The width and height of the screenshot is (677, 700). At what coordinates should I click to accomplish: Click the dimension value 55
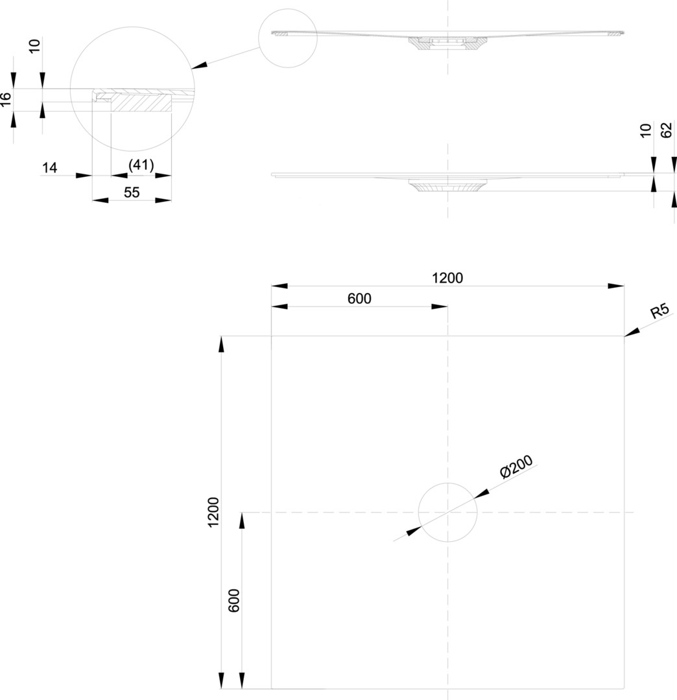pyautogui.click(x=132, y=192)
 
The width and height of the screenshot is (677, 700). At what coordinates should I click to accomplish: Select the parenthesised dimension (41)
pyautogui.click(x=141, y=165)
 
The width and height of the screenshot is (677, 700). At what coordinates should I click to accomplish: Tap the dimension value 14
pyautogui.click(x=50, y=168)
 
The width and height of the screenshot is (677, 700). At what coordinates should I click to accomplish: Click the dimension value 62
pyautogui.click(x=666, y=130)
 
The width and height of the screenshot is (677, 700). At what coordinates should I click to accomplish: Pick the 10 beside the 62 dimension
pyautogui.click(x=645, y=130)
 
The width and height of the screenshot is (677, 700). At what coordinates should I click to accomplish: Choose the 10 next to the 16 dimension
pyautogui.click(x=35, y=45)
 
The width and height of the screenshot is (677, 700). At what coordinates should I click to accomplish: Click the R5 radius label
pyautogui.click(x=659, y=311)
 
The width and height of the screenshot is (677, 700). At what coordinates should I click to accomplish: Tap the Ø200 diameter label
pyautogui.click(x=516, y=467)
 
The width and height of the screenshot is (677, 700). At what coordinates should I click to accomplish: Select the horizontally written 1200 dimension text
pyautogui.click(x=447, y=277)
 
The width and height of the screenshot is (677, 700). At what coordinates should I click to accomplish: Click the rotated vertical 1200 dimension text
pyautogui.click(x=213, y=512)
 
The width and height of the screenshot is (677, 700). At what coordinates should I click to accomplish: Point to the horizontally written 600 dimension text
pyautogui.click(x=359, y=298)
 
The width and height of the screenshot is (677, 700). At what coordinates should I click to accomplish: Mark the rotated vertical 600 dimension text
pyautogui.click(x=234, y=601)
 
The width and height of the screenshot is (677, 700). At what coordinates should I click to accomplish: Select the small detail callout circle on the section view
pyautogui.click(x=287, y=38)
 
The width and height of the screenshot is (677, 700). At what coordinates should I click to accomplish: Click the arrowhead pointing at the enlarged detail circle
pyautogui.click(x=200, y=65)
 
